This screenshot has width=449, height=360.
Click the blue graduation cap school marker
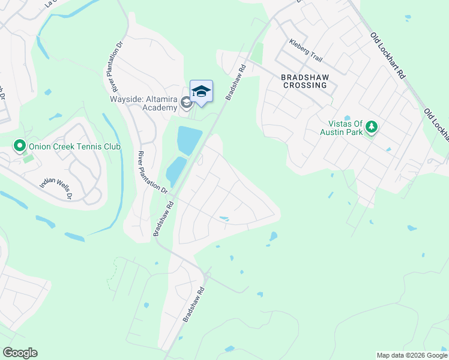201,92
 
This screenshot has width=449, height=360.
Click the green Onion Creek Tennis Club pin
19,146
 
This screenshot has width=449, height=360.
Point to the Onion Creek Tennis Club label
74,146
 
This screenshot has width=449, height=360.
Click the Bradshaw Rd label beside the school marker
236,83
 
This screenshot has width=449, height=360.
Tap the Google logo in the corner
20,353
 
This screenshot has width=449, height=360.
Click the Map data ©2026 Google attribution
412,355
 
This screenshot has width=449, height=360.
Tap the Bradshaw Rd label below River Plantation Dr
163,218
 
